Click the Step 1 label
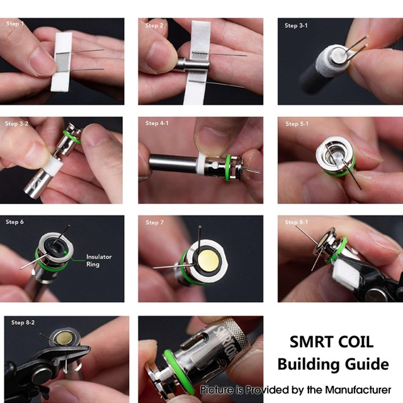click(x=14, y=24)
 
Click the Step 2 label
click(x=154, y=26)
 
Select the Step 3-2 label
click(x=17, y=124)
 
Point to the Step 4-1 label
click(x=156, y=123)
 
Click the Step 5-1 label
click(x=296, y=124)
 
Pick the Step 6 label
click(x=14, y=222)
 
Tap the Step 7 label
click(x=154, y=223)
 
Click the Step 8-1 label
click(x=296, y=222)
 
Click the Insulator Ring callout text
click(x=98, y=261)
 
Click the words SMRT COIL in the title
click(x=331, y=343)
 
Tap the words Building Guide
click(x=332, y=364)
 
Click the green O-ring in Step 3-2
click(x=74, y=138)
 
